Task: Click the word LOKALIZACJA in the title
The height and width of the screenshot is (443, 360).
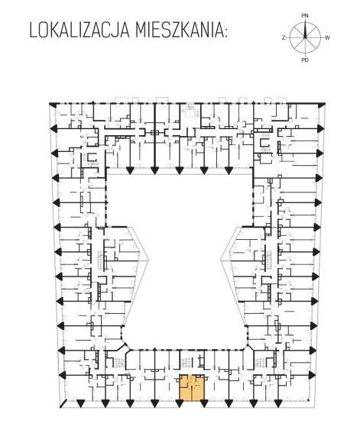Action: (x=79, y=31)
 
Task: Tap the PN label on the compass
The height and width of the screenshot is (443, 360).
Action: (x=305, y=16)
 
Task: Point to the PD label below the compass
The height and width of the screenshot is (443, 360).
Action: (x=305, y=60)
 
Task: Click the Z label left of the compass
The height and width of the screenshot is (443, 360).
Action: (x=284, y=37)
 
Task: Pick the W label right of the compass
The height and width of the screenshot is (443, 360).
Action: (x=327, y=37)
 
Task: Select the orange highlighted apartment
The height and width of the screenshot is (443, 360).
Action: (x=192, y=387)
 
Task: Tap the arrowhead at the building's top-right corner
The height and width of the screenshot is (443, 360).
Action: (x=322, y=105)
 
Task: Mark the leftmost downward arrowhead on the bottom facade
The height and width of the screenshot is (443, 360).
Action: (x=81, y=404)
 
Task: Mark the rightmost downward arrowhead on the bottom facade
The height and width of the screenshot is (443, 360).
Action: (x=278, y=404)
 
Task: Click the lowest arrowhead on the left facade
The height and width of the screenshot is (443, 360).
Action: (x=63, y=375)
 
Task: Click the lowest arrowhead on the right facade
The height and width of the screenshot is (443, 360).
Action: (x=312, y=375)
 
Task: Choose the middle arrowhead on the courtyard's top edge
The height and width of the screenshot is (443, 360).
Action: (x=179, y=170)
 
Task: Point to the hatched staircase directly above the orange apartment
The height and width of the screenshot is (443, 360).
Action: (x=186, y=362)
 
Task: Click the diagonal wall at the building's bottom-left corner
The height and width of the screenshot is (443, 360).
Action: (x=63, y=404)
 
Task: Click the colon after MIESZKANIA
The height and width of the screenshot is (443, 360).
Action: (x=225, y=33)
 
